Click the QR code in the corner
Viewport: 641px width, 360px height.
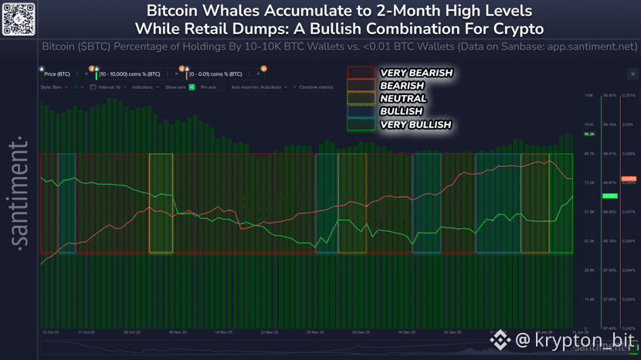coord(19,19)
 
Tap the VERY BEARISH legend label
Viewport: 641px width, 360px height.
coord(415,73)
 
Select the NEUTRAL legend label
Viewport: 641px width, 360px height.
coord(403,99)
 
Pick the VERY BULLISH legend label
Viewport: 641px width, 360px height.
coord(415,124)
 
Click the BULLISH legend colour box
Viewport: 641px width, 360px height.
coord(361,111)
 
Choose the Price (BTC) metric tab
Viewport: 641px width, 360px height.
coord(57,74)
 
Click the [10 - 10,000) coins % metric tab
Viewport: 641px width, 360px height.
coord(129,74)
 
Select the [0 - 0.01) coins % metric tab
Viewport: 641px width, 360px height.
coord(215,74)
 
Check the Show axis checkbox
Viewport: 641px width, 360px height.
coord(192,87)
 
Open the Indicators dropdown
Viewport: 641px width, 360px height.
coord(144,87)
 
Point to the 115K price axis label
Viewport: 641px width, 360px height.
coord(588,96)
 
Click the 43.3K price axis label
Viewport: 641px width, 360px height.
coord(588,241)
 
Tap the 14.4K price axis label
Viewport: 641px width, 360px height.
coord(588,299)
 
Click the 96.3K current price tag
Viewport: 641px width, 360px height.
coord(589,134)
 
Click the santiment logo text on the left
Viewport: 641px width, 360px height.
coord(22,193)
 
